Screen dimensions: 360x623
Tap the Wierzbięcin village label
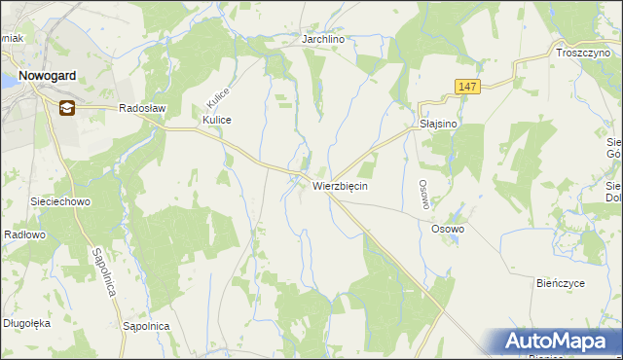point(340,185)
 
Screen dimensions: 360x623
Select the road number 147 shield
point(467,88)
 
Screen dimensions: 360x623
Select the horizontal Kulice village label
point(216,120)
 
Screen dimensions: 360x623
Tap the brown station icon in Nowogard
point(67,108)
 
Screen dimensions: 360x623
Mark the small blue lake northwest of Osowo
point(454,215)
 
